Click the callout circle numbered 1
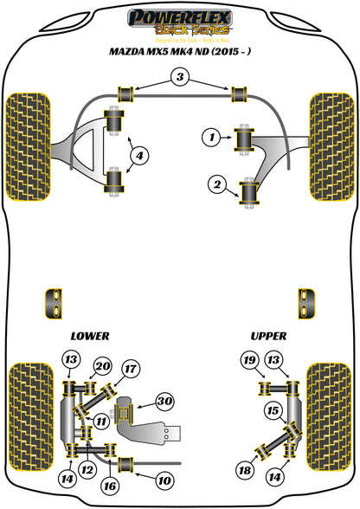click(209, 135)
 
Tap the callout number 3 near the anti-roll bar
click(179, 79)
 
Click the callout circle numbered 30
click(164, 400)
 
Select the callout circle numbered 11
click(102, 422)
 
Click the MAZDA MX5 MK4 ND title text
click(178, 53)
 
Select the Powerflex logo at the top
click(179, 20)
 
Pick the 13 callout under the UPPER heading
click(273, 360)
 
